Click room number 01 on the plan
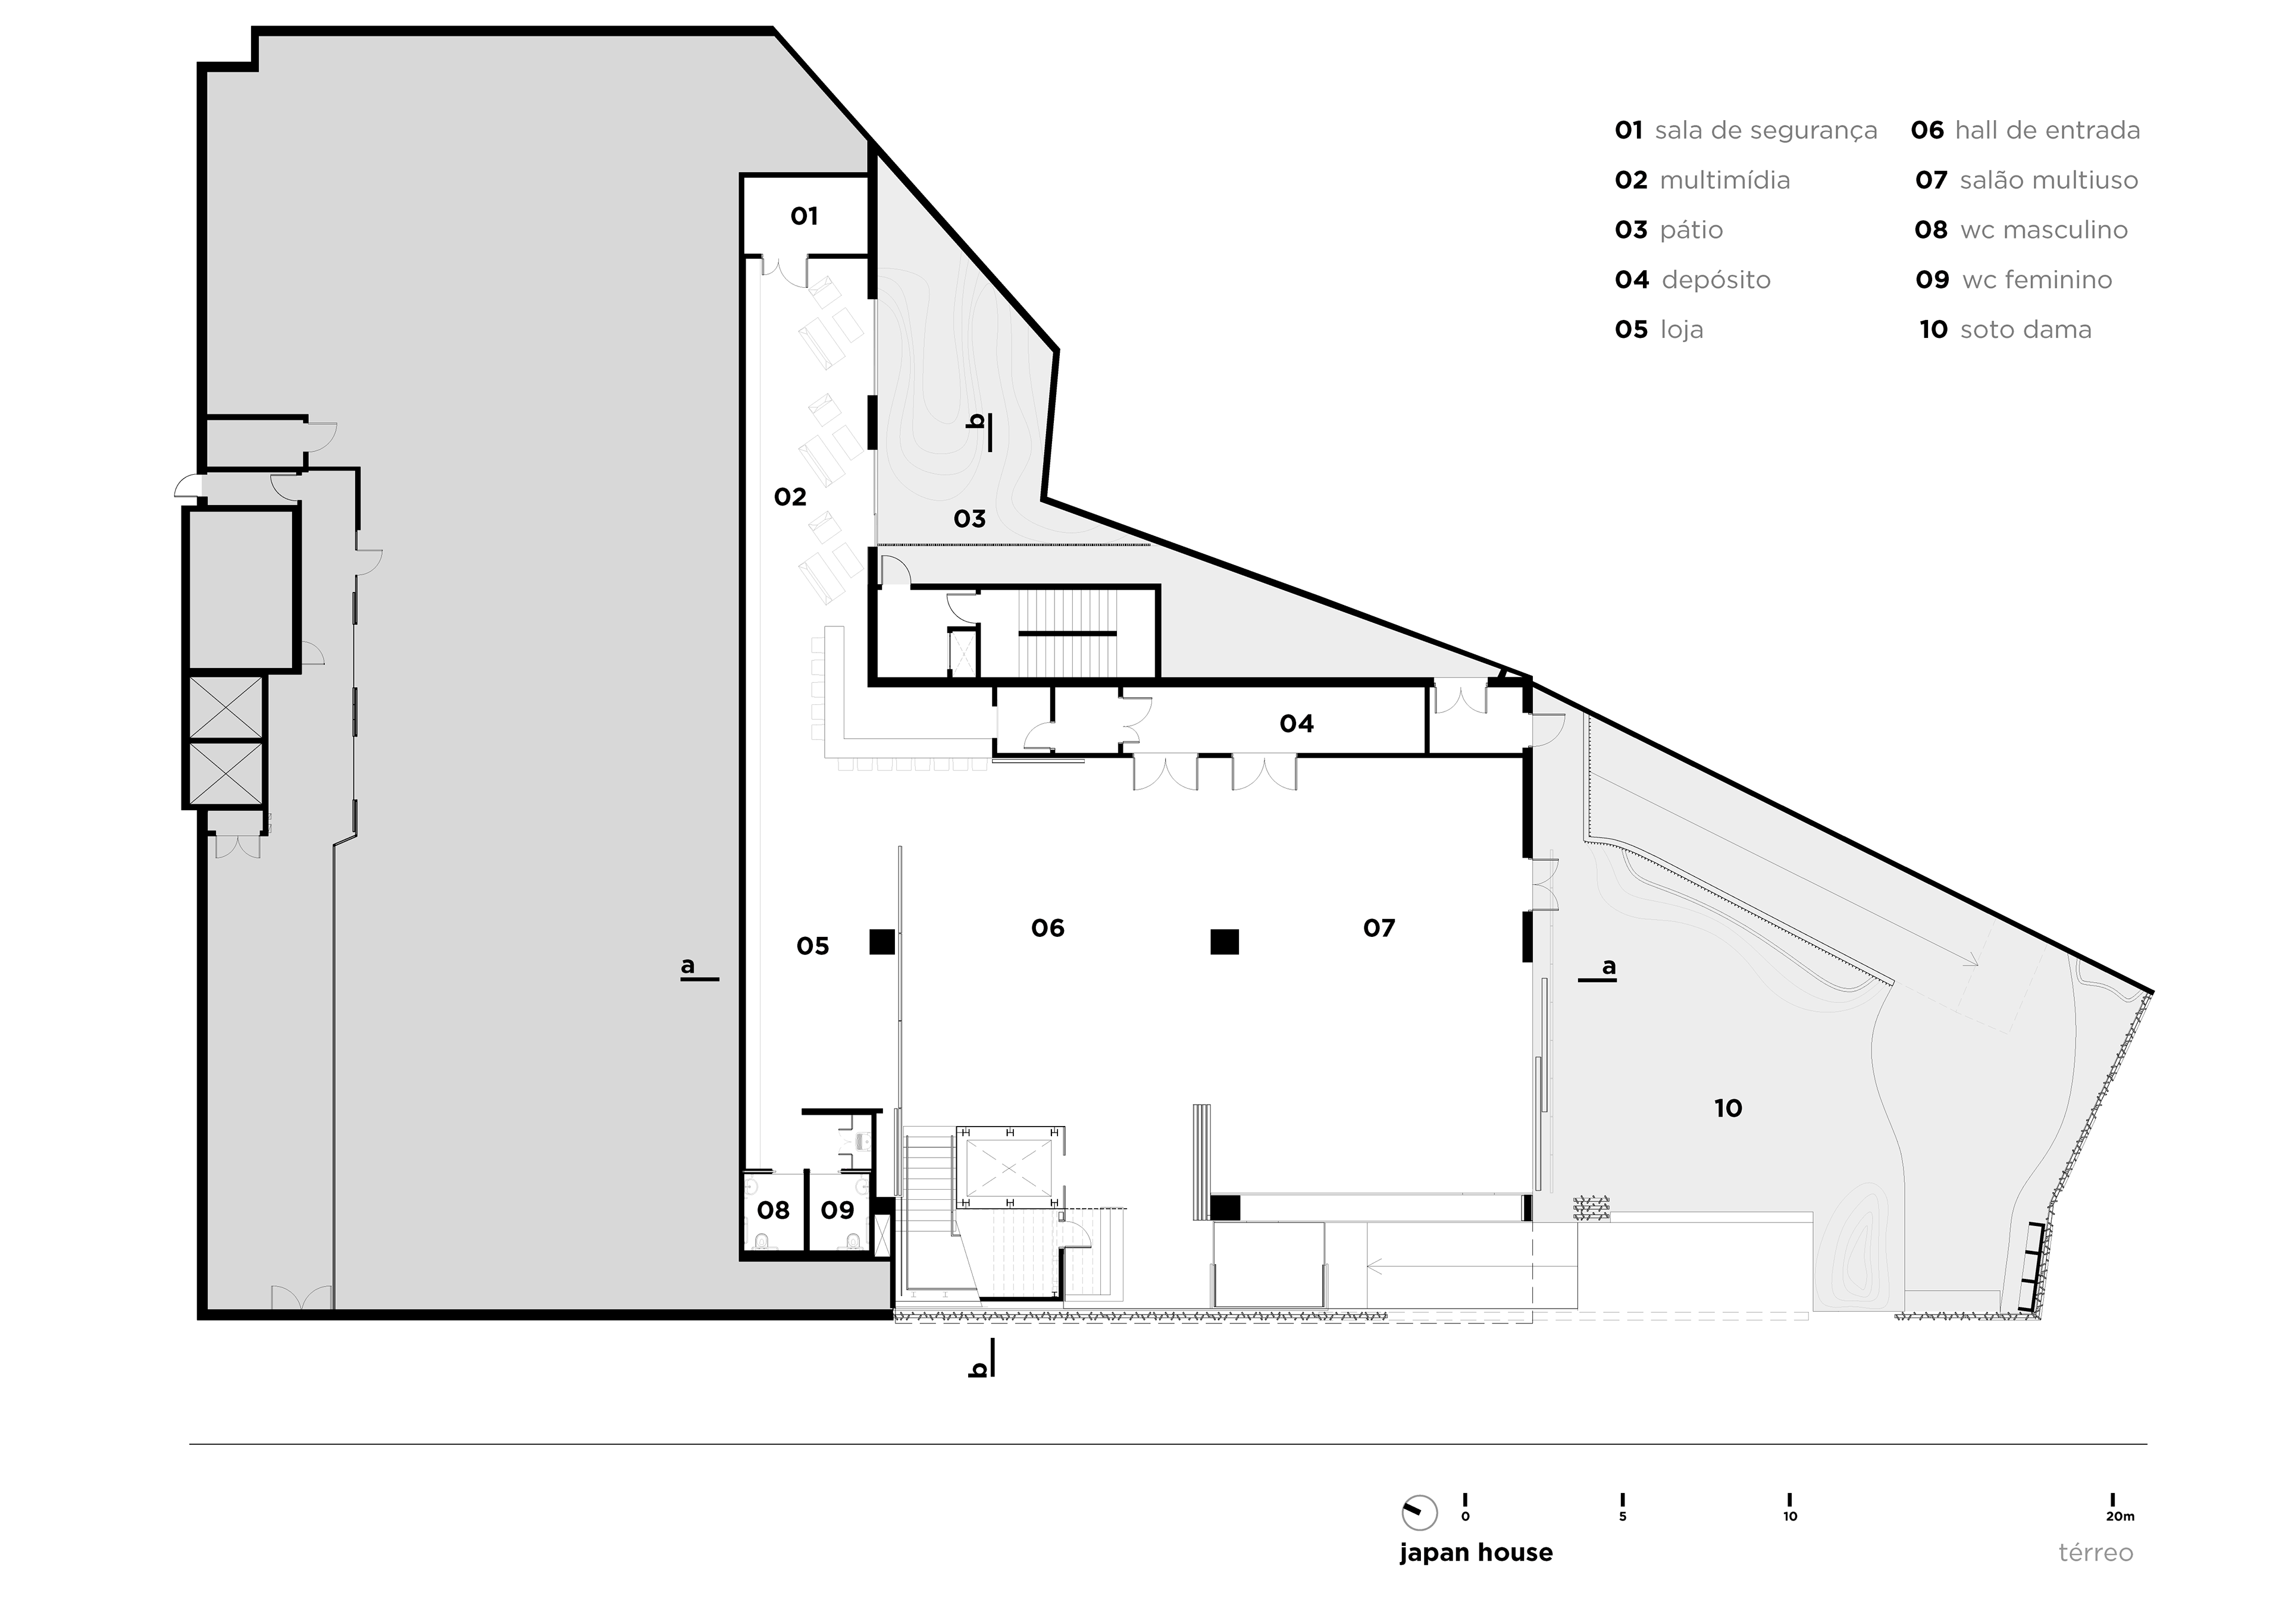[804, 216]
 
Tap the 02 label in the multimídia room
[790, 497]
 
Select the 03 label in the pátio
[969, 519]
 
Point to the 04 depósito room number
[1296, 723]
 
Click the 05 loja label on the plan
[812, 946]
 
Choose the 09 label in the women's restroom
[837, 1210]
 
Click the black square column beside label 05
[882, 941]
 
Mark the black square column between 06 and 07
[1224, 941]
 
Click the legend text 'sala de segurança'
[1766, 130]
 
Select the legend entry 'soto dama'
[2025, 330]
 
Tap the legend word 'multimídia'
[1724, 180]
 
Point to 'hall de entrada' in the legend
[2047, 130]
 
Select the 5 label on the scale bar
[1622, 1516]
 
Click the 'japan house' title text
[1476, 1553]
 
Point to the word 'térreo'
[2095, 1553]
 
